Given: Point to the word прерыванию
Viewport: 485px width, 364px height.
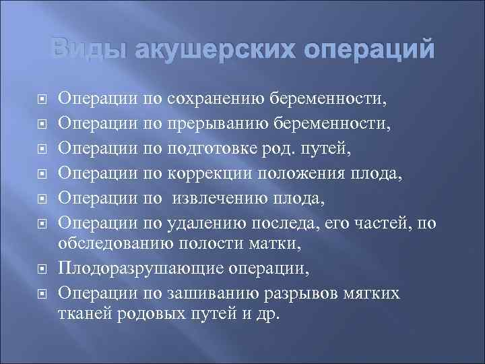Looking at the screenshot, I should point(216,123).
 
